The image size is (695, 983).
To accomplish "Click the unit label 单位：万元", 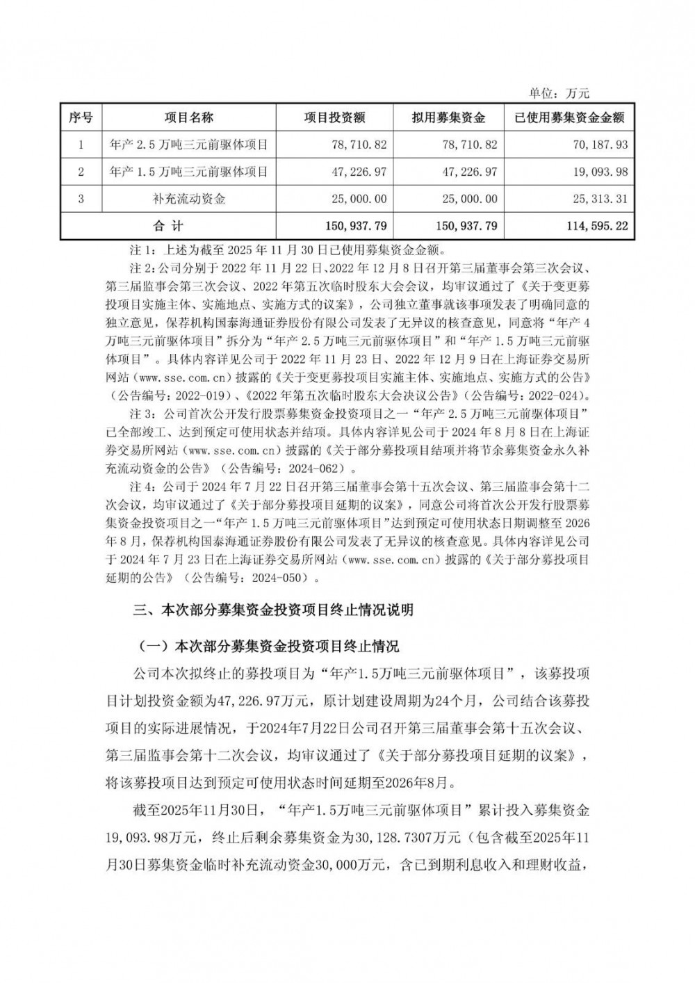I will pos(559,94).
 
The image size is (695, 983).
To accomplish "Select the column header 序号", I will pos(81,117).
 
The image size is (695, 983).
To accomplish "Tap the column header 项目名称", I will pos(189,117).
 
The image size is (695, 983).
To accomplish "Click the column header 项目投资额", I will pos(334,117).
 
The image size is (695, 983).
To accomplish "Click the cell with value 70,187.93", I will pos(598,145).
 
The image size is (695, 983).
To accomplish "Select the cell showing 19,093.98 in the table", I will pos(598,172).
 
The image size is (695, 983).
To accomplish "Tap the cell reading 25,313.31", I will pos(598,199).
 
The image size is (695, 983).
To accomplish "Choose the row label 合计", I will pos(167,226).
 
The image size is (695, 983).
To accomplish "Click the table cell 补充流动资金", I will pos(189,199).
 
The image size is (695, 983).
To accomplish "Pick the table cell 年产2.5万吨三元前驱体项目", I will pos(189,145).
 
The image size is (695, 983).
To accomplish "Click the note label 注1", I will pos(146,249).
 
